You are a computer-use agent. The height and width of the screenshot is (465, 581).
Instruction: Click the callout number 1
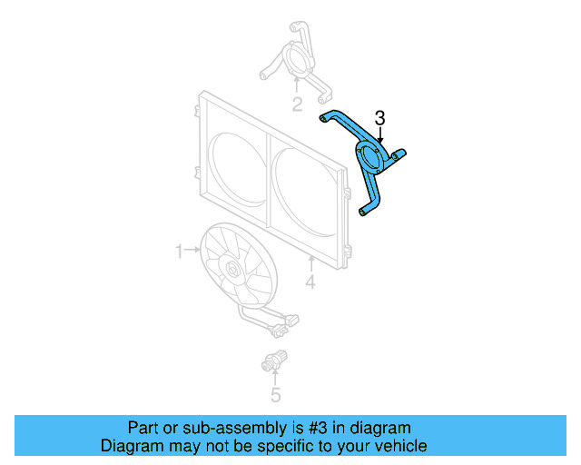(179, 248)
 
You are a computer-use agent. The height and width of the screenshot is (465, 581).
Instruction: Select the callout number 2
(297, 104)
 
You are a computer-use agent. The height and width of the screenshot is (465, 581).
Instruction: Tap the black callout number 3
(380, 118)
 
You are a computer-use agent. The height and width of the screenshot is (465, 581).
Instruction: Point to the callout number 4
(310, 283)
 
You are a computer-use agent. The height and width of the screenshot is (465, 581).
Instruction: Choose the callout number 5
(276, 394)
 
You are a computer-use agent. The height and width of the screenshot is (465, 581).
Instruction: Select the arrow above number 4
(310, 264)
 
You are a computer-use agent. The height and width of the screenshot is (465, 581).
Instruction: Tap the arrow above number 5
(276, 377)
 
